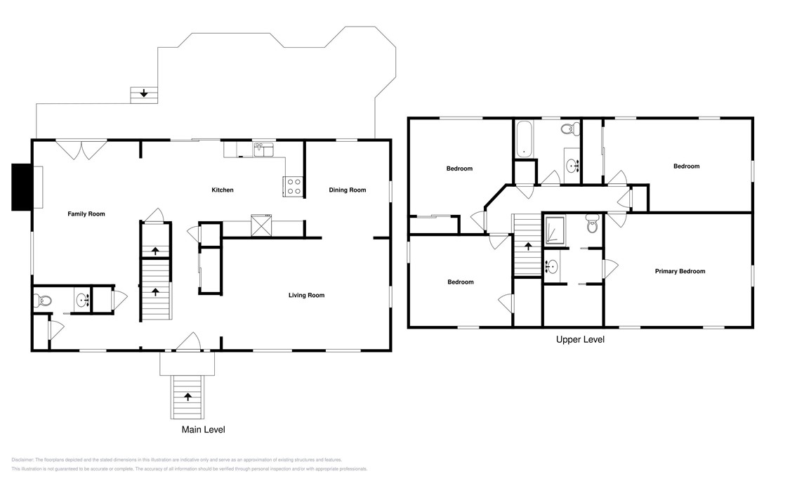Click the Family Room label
86,214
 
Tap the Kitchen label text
223,190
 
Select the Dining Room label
348,190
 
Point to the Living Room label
306,296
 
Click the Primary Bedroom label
680,271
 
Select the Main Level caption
204,429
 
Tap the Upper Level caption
580,340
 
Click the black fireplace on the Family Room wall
22,187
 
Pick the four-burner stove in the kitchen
293,186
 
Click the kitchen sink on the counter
263,150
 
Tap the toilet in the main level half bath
43,301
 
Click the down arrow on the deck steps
144,93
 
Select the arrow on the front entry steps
187,397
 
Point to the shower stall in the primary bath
555,231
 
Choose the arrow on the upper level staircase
527,246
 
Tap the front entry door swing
187,342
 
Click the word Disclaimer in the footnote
22,459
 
